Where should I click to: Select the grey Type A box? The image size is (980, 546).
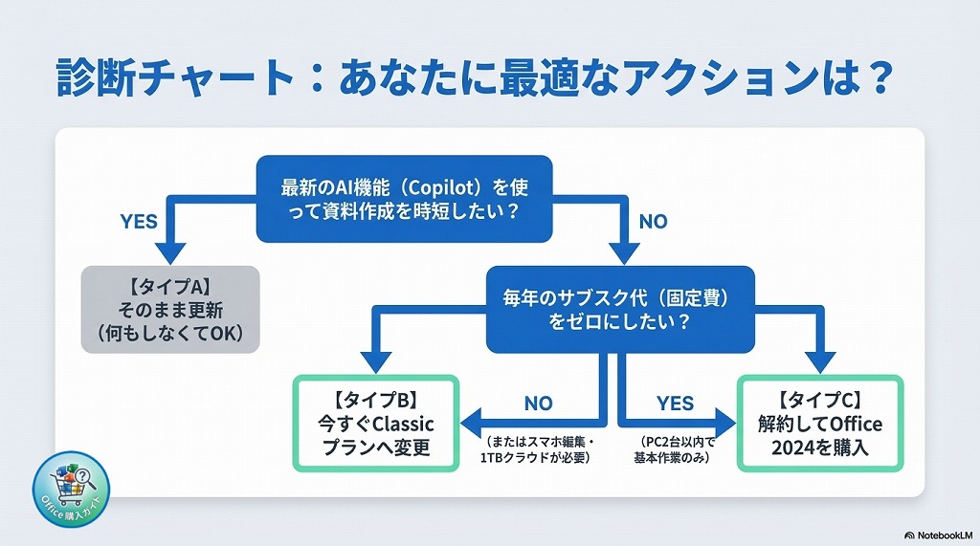coord(170,308)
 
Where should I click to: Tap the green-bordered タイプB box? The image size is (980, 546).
coord(376,423)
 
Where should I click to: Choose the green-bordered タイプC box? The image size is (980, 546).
coord(820,423)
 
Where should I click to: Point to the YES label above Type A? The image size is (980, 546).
coord(139,222)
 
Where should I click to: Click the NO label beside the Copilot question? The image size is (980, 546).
coord(653,222)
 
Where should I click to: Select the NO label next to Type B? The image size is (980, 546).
coord(538,404)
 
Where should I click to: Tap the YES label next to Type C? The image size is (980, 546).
coord(675,404)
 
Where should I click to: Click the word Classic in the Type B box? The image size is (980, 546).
coord(398,424)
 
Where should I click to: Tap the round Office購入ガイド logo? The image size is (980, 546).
coord(71,489)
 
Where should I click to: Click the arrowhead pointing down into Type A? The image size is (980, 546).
coord(170,252)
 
